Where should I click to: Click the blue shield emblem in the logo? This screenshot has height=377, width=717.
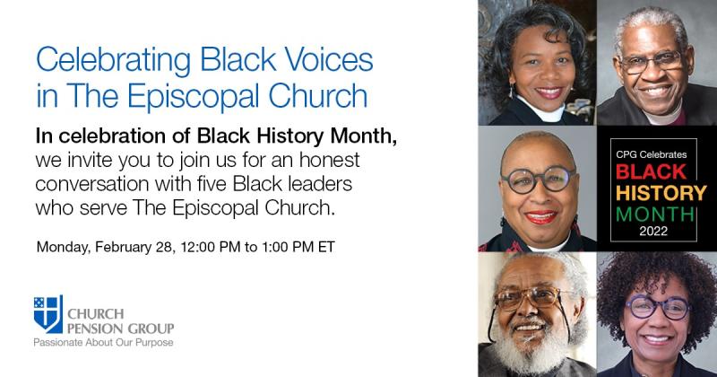(x=48, y=314)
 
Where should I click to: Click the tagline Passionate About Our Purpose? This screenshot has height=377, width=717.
(x=103, y=343)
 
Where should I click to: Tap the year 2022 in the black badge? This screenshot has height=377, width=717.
(x=653, y=231)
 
